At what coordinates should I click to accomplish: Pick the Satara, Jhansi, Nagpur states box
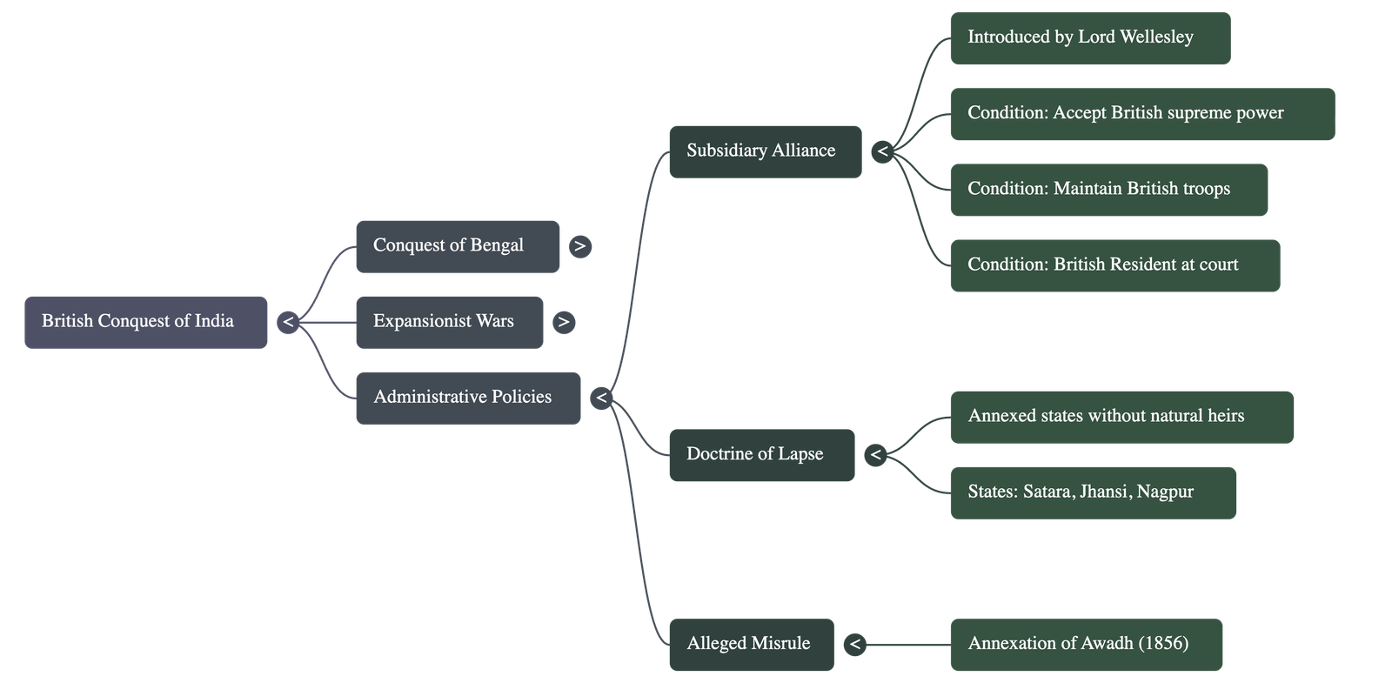point(1093,492)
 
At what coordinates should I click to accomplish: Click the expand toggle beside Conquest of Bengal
point(580,246)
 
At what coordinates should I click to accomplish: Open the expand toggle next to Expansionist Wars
point(564,322)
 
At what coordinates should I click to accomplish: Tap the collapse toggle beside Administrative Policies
point(600,398)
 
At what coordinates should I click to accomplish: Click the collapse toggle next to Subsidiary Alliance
point(882,151)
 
